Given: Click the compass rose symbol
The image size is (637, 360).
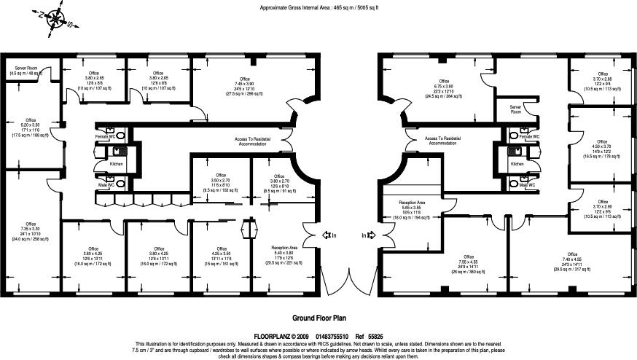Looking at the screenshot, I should coord(54,19).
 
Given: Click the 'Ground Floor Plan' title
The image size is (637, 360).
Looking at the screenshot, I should coord(318,318).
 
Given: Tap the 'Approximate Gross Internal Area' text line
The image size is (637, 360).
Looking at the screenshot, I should coord(318,7).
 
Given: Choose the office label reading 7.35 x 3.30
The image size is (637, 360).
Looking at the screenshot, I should coord(31,231).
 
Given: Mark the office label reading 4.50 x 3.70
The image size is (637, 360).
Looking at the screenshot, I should coord(602,149).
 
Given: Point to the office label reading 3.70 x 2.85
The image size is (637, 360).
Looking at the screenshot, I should coord(602,81).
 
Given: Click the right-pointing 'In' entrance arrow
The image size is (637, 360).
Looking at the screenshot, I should coord(368,235).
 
